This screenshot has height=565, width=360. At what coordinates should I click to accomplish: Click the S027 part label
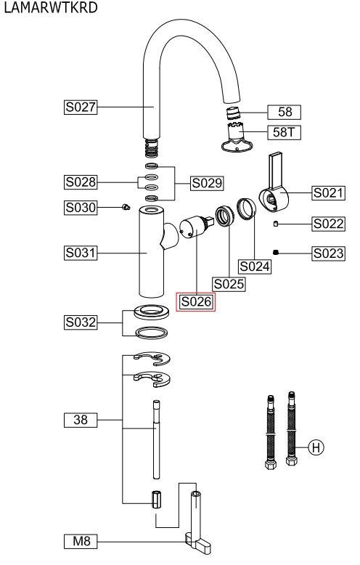coord(81,107)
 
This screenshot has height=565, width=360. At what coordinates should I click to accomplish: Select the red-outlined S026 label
coord(196,301)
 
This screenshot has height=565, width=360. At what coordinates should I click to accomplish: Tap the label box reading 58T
coord(284,132)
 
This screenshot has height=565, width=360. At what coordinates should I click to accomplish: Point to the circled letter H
coord(316,447)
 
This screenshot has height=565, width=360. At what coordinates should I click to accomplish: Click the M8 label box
coord(81,541)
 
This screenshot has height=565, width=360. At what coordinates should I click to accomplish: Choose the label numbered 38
coord(81,420)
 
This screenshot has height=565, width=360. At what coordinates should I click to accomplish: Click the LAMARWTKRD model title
coord(51,7)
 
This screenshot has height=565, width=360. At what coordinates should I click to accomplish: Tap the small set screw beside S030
coord(126,207)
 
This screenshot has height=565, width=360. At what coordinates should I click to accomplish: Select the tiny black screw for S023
coord(276,252)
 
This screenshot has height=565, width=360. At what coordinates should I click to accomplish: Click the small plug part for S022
coord(275,224)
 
